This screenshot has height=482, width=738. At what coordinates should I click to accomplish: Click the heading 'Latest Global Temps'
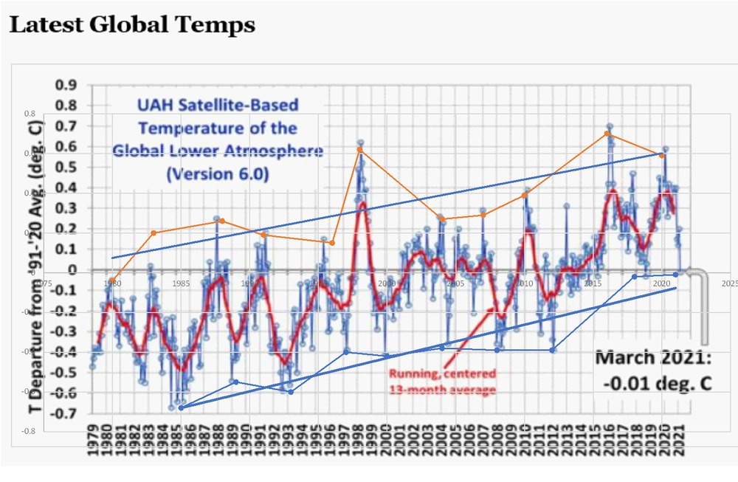tap(131, 24)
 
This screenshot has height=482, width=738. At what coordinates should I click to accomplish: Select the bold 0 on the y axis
tap(73, 270)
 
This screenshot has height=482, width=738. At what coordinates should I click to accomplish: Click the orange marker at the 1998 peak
tap(359, 150)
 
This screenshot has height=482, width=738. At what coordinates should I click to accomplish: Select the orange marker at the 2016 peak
tap(607, 133)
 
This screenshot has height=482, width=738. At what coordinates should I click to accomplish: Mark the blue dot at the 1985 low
tap(181, 407)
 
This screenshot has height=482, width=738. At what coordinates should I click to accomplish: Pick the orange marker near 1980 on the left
tap(111, 280)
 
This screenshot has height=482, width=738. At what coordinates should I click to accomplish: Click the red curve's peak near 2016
tap(613, 191)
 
